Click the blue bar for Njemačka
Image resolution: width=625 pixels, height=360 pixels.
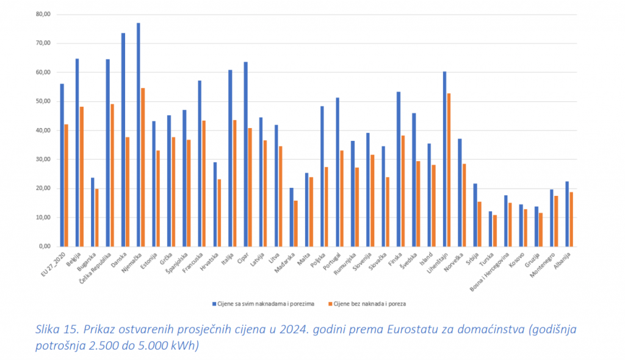click(139, 134)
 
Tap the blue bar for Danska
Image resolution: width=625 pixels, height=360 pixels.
click(123, 140)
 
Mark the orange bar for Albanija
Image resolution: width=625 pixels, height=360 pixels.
click(571, 219)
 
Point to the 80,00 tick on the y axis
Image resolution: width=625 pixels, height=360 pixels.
click(44, 14)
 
